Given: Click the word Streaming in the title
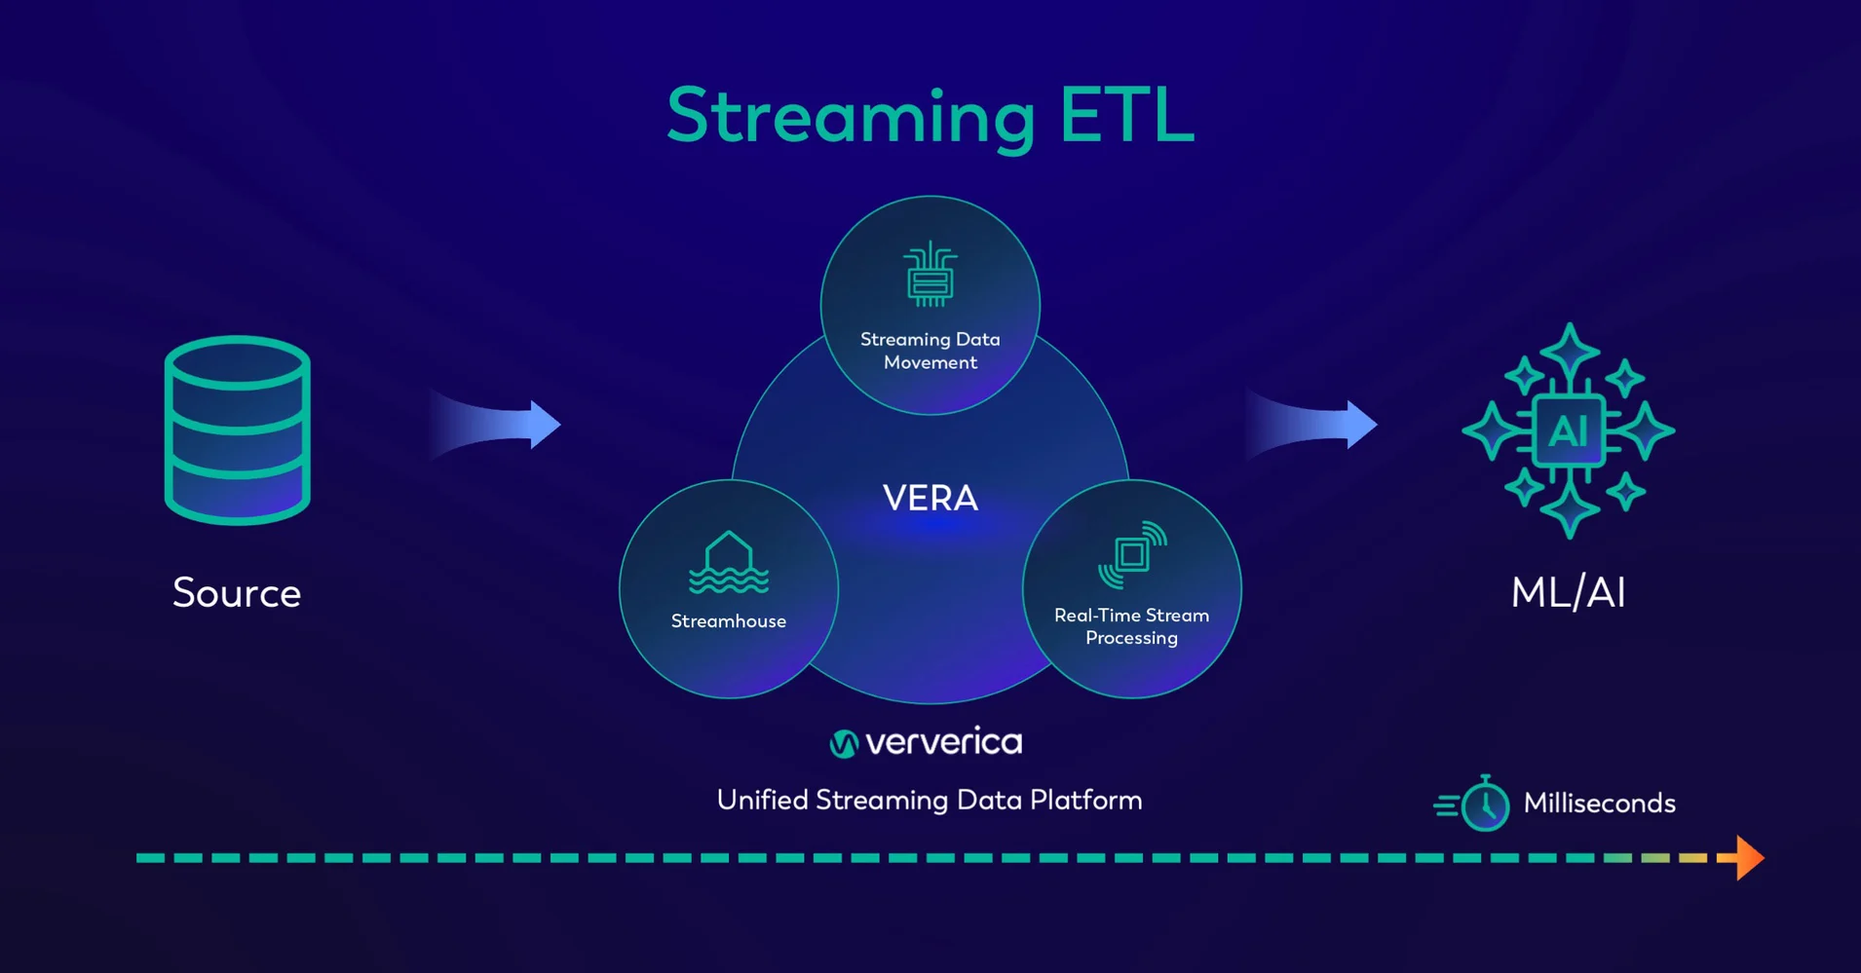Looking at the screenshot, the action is point(851,118).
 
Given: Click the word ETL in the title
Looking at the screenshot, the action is point(1127,115).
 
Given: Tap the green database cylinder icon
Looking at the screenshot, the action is point(238,430).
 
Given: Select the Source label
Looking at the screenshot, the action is point(237,592).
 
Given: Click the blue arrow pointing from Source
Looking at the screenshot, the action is point(496,425).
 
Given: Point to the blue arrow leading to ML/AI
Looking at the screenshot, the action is point(1311,425).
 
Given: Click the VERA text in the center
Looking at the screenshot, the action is point(930,498).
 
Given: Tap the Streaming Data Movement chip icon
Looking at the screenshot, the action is point(930,274).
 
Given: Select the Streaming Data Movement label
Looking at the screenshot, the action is point(930,351).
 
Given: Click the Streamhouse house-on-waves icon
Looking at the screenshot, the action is point(729,562).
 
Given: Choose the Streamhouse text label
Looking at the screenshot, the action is point(729,621).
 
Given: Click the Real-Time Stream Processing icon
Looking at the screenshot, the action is point(1132,555).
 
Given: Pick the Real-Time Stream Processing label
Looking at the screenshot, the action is point(1132,626).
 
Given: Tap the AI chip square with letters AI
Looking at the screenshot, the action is point(1569,430).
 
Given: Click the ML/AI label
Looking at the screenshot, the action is point(1569,592).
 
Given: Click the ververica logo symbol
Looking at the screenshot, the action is point(844,744).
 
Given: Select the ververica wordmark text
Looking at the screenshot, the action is point(944,742).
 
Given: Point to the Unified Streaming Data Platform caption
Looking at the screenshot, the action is point(930,801).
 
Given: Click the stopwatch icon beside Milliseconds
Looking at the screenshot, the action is point(1473,804).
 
